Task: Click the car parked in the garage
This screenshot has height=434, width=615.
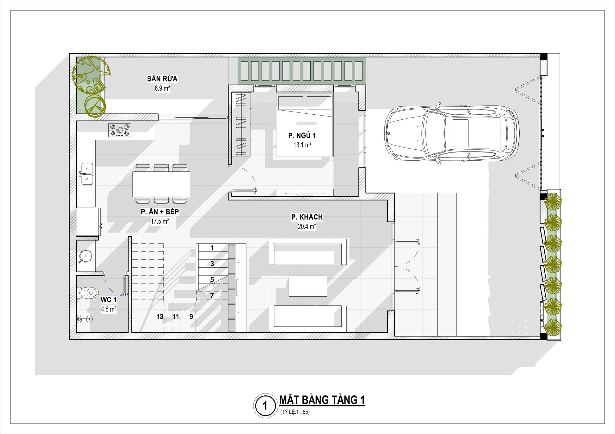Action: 452,133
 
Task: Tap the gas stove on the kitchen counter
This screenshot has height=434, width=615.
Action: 120,130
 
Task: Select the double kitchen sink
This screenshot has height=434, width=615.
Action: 86,174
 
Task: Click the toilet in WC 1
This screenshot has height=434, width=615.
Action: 88,293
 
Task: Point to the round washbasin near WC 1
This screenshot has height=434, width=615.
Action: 86,255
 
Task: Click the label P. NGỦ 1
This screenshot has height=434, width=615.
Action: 302,135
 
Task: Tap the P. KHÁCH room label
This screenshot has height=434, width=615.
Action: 307,217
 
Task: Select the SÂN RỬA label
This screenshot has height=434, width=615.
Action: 162,79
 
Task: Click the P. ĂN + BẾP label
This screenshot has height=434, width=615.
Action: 160,212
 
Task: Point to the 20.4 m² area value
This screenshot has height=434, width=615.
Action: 307,227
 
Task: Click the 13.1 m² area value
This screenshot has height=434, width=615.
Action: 302,145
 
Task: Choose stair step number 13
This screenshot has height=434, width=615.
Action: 160,317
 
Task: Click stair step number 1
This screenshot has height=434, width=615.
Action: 212,248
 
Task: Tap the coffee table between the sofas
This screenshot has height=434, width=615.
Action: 308,286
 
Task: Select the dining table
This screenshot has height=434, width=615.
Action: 161,184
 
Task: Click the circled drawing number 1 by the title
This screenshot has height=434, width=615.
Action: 265,406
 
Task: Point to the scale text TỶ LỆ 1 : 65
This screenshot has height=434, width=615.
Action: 295,412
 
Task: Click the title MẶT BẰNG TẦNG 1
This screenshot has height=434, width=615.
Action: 322,400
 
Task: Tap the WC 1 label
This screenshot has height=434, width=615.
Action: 109,300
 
